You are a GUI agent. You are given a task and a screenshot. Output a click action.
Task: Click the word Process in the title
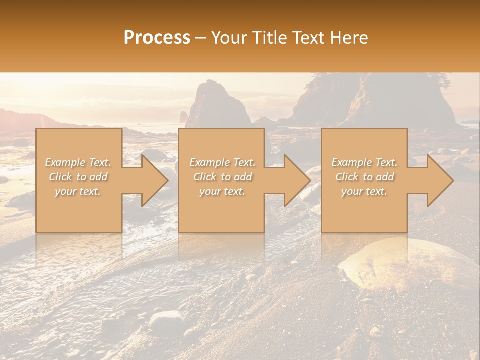[157, 38]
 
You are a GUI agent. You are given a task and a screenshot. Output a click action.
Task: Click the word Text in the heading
[310, 38]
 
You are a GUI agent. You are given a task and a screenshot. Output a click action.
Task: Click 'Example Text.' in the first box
[78, 162]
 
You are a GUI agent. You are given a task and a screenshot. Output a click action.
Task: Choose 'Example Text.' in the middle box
[222, 162]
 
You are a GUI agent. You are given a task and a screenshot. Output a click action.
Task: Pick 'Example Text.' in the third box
[364, 162]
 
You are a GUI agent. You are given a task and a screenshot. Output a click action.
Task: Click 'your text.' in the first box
[78, 191]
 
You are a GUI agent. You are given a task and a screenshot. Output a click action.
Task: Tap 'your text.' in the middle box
[222, 191]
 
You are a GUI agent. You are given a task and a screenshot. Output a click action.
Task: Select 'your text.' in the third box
[364, 191]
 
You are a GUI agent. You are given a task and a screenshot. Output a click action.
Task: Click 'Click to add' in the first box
[78, 177]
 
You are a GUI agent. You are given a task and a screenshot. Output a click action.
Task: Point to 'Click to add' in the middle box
[222, 177]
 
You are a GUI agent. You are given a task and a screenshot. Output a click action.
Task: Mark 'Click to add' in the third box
[364, 177]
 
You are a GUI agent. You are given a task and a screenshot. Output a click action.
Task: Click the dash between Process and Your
[201, 38]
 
